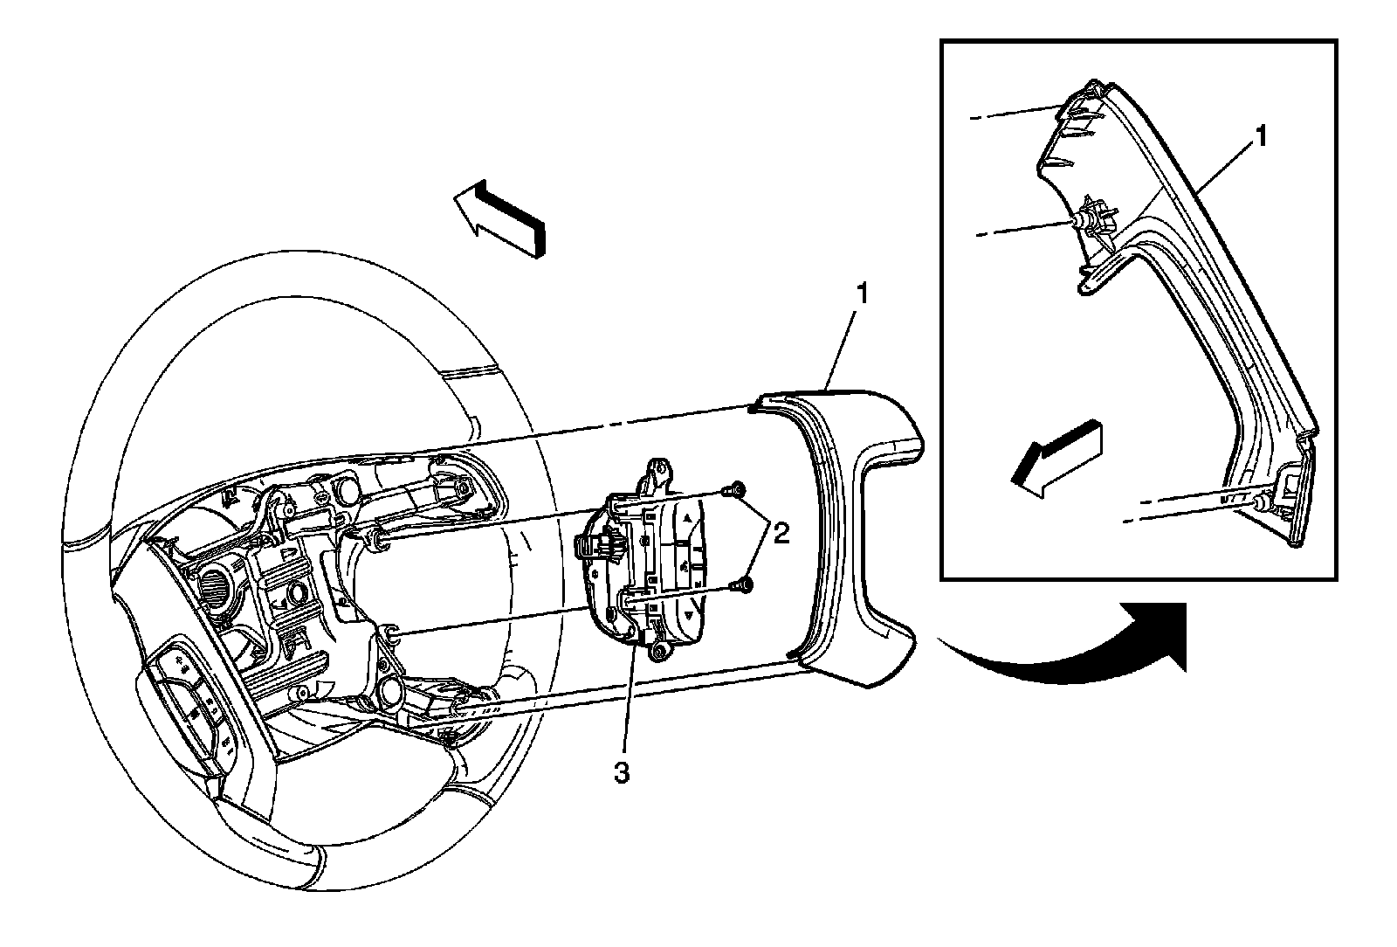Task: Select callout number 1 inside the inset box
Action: click(x=1262, y=138)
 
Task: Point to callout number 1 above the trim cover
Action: click(x=861, y=294)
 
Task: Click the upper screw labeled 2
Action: click(x=739, y=489)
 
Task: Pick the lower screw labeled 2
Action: click(x=745, y=584)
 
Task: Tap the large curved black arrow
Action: click(x=1083, y=646)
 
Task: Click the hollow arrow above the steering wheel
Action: click(x=498, y=218)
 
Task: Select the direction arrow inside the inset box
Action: click(x=1053, y=460)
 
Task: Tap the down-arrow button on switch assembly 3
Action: click(x=689, y=616)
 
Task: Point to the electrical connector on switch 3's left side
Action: click(x=594, y=547)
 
